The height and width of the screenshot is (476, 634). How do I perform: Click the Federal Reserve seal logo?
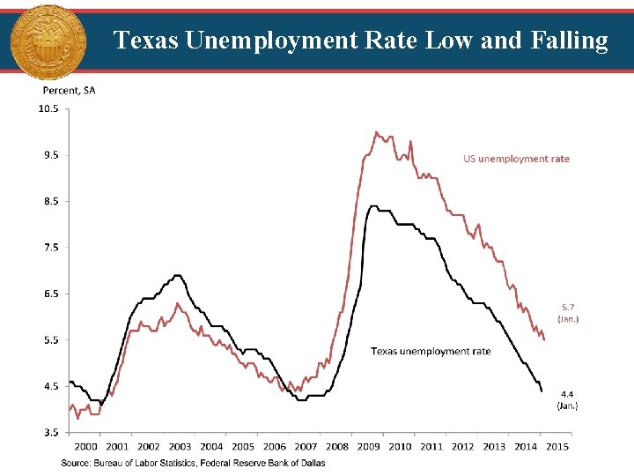tap(48, 41)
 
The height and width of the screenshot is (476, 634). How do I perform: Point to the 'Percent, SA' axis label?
tap(69, 90)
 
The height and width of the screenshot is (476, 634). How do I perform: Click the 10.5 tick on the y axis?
tap(48, 109)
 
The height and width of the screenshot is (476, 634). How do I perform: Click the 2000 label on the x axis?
tap(85, 447)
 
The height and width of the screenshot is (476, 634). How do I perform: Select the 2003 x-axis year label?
tap(180, 447)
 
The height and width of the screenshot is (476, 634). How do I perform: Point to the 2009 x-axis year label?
tap(368, 447)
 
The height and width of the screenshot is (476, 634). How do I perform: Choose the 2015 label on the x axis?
tap(557, 447)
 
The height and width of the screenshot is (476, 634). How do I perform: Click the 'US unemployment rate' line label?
tap(516, 159)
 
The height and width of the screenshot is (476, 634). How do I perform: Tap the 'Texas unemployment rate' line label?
tap(431, 351)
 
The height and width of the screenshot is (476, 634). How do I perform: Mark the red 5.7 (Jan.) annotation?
tap(568, 313)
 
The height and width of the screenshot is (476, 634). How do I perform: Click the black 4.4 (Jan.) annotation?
tap(568, 400)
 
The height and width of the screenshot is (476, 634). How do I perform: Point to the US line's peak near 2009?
tap(376, 133)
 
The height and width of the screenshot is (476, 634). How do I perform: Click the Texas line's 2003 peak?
tap(178, 275)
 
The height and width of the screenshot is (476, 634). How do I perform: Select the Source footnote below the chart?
tap(193, 463)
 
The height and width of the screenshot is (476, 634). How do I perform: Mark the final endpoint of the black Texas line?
tap(542, 390)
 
